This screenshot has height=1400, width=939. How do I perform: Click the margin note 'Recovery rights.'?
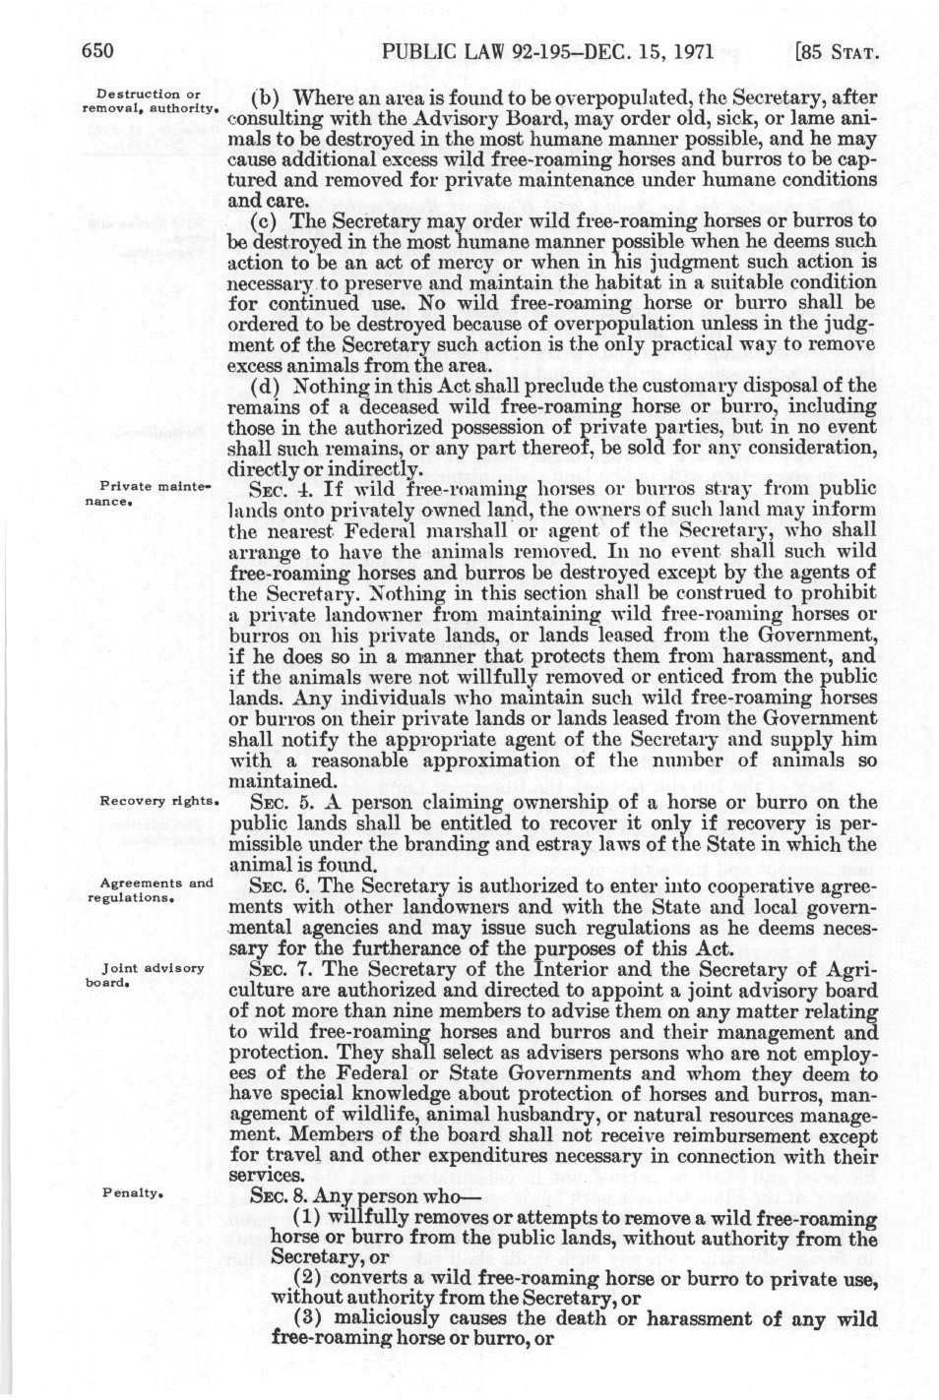157,801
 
